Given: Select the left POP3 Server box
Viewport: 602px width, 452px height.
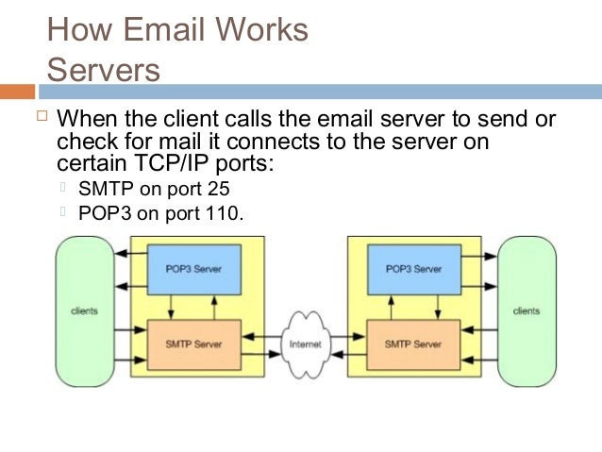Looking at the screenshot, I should [193, 269].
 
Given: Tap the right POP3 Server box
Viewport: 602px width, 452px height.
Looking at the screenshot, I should [413, 269].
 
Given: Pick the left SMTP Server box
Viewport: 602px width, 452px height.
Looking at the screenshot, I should [193, 344].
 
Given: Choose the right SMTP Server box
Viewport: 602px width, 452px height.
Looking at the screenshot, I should [413, 344].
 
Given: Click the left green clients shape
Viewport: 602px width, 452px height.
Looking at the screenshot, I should [84, 310].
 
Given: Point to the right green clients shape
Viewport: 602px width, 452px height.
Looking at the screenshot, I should [527, 310].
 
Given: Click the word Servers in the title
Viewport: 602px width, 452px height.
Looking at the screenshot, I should [104, 70].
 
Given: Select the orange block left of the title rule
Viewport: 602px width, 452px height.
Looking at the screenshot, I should [17, 92].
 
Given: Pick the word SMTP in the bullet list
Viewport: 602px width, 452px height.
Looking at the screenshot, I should [105, 188].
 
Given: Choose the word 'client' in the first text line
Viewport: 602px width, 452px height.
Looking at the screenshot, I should [192, 121].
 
